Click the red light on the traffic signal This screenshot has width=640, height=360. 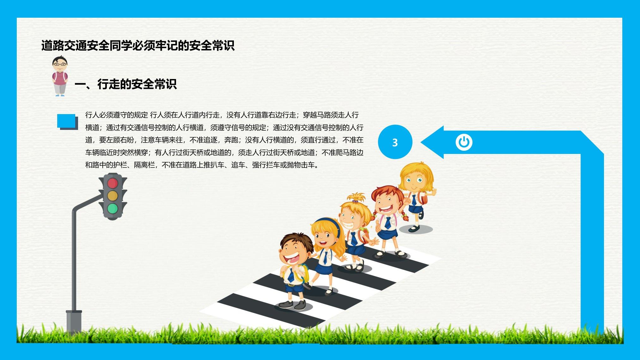[113, 183]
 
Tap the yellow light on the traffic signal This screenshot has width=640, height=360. [113, 196]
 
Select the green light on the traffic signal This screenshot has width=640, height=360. [113, 209]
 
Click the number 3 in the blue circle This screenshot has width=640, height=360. [395, 143]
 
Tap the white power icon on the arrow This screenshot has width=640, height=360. [464, 142]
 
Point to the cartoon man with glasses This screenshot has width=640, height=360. [60, 76]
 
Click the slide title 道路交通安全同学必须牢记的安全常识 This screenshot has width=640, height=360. [138, 46]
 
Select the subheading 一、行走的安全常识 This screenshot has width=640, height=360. [125, 84]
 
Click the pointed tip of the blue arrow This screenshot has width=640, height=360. [422, 142]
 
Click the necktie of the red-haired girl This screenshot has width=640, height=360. [387, 223]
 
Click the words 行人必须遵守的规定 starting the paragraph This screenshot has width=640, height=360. [117, 115]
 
